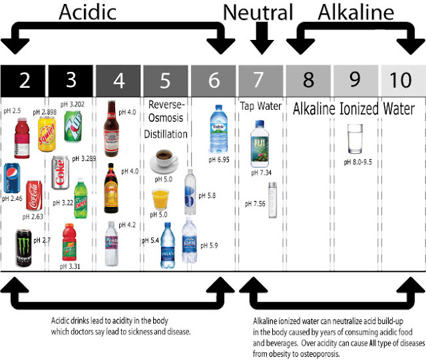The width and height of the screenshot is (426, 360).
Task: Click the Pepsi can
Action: click(11, 176)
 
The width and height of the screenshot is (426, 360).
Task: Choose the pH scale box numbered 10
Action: click(402, 81)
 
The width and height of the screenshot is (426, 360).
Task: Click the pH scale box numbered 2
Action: click(24, 81)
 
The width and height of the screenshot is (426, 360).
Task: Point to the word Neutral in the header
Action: click(258, 12)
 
